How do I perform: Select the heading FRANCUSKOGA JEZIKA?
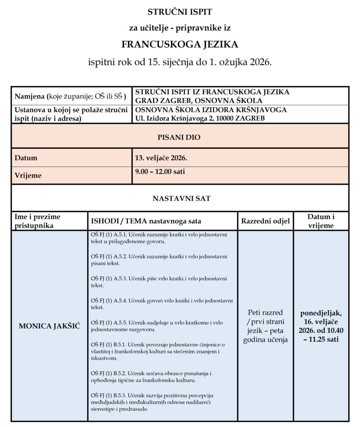[180, 44]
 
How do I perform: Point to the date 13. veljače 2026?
[161, 158]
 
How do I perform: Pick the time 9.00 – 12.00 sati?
[160, 172]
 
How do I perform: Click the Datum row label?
[26, 158]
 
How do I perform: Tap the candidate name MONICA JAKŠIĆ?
[49, 327]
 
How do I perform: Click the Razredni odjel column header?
[266, 221]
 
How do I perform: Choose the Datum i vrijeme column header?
[321, 221]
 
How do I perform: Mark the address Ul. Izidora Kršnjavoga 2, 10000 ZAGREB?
[200, 118]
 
